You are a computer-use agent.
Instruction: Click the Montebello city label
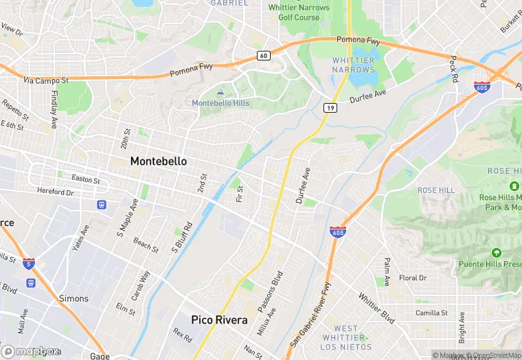158,161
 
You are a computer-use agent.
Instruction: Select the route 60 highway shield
263,54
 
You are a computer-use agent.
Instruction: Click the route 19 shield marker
330,108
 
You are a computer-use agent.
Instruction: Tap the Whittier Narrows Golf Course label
298,12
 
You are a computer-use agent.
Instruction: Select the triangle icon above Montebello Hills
220,92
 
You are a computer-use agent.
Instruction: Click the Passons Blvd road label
271,293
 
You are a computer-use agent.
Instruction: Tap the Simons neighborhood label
73,298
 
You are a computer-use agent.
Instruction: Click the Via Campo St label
46,80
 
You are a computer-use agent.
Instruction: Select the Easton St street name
86,181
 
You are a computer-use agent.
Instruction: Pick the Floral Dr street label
413,278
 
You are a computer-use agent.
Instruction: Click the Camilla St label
431,313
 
